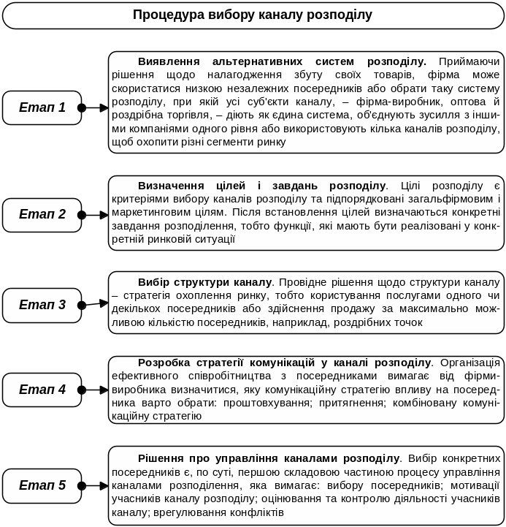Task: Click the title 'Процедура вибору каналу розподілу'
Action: (x=253, y=15)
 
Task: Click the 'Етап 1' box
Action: (x=42, y=107)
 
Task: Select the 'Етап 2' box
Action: (x=42, y=214)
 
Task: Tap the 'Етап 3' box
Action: (x=42, y=305)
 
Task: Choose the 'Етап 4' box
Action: (x=42, y=390)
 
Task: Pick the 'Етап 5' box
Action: (x=42, y=485)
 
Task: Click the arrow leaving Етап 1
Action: (x=94, y=108)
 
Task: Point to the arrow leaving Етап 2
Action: (x=94, y=215)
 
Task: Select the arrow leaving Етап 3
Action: (x=94, y=306)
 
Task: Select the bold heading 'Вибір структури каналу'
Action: (x=204, y=281)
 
